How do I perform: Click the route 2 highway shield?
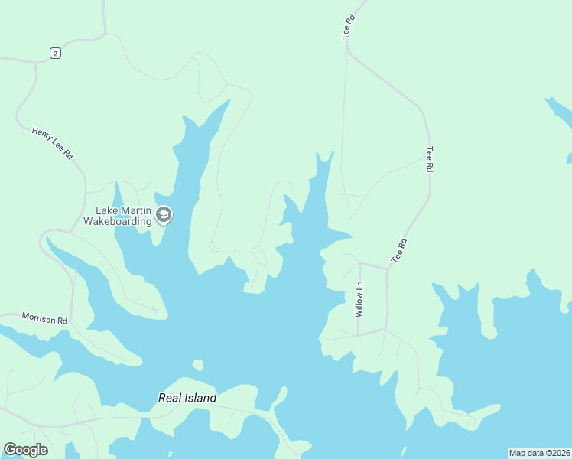click(54, 53)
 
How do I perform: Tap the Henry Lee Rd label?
click(52, 142)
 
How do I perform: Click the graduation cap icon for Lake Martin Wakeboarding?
click(163, 215)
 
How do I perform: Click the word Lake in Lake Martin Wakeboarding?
click(106, 210)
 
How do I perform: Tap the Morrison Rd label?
click(44, 318)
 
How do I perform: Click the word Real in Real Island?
click(171, 398)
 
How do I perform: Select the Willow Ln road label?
click(359, 300)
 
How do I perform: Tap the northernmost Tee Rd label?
click(349, 27)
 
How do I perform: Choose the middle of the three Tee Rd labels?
click(430, 159)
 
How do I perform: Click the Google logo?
click(25, 450)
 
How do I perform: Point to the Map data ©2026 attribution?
click(539, 453)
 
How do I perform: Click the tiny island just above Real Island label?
click(198, 365)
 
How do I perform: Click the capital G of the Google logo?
click(10, 449)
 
